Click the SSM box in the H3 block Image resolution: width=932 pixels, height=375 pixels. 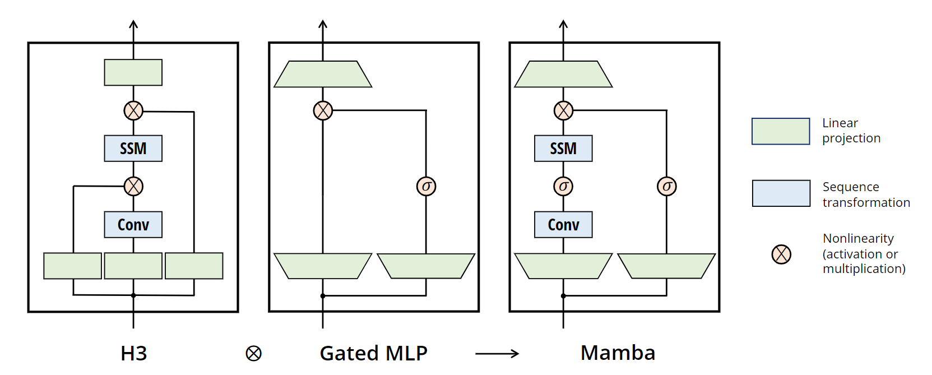pyautogui.click(x=133, y=149)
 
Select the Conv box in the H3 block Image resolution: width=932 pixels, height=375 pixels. pyautogui.click(x=133, y=225)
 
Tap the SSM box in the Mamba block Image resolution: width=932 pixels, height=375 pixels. pyautogui.click(x=563, y=149)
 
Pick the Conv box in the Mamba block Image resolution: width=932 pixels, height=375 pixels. pyautogui.click(x=563, y=225)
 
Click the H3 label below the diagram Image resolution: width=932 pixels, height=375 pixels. pyautogui.click(x=133, y=353)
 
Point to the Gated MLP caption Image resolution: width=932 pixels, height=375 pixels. pyautogui.click(x=373, y=353)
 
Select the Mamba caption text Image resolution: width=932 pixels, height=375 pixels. pyautogui.click(x=618, y=353)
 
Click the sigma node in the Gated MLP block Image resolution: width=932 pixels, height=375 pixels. pyautogui.click(x=426, y=186)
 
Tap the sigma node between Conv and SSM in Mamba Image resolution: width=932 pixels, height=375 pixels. pyautogui.click(x=563, y=186)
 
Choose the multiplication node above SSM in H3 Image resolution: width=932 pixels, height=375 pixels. pyautogui.click(x=133, y=110)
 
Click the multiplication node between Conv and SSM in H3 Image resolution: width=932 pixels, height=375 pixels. pyautogui.click(x=133, y=186)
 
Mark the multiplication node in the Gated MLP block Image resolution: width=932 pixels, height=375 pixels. pyautogui.click(x=323, y=110)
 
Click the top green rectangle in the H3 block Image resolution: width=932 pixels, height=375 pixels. pyautogui.click(x=133, y=72)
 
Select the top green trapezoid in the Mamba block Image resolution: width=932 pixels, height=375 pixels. pyautogui.click(x=563, y=74)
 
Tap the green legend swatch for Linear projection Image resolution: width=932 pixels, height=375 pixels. pyautogui.click(x=780, y=131)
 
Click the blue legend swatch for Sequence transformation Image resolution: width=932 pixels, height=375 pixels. pyautogui.click(x=781, y=193)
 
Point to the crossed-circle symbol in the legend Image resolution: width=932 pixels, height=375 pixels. pyautogui.click(x=781, y=254)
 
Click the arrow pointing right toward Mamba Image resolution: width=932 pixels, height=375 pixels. pyautogui.click(x=497, y=353)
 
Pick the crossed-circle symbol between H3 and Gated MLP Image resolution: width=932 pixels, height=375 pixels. pyautogui.click(x=253, y=353)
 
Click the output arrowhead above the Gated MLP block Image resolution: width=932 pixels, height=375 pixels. pyautogui.click(x=323, y=24)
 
